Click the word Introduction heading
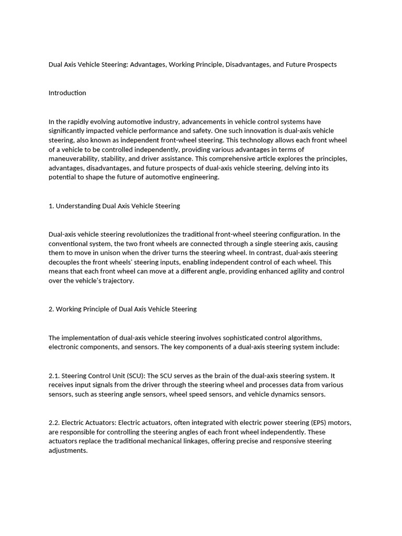pyautogui.click(x=67, y=93)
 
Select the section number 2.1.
pyautogui.click(x=54, y=376)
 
